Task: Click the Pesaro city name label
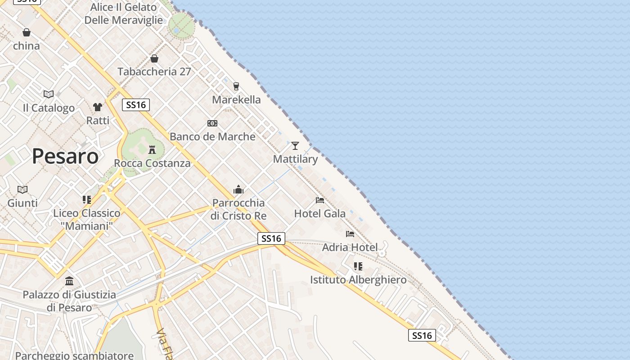click(65, 157)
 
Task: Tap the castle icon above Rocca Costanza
click(152, 149)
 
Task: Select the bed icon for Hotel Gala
click(320, 200)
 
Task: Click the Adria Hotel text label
click(350, 247)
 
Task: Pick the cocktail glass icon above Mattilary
click(295, 145)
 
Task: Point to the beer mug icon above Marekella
click(236, 86)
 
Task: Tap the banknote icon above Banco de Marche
click(212, 123)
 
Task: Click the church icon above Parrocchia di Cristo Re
click(238, 189)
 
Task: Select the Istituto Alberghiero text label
click(358, 280)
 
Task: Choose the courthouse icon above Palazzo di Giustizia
click(69, 281)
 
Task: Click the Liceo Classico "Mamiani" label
click(87, 219)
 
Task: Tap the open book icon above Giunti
click(22, 189)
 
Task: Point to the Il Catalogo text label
click(49, 108)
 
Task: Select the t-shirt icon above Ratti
click(98, 107)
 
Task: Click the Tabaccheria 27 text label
click(154, 72)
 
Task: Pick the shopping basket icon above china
click(27, 32)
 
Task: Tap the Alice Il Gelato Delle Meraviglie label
click(124, 13)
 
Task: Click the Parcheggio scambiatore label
click(74, 355)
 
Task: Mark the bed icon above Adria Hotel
click(350, 234)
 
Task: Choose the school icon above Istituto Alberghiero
click(358, 266)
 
